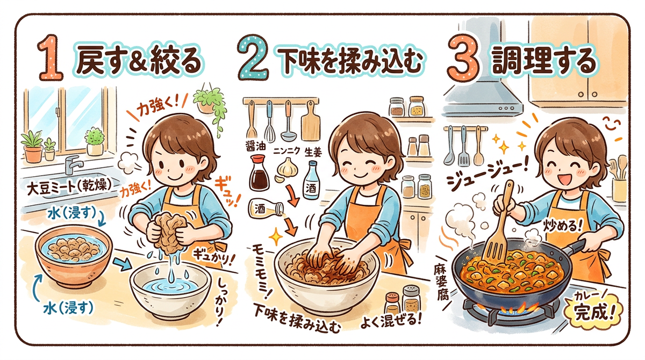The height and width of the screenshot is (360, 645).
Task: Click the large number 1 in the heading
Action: click(x=51, y=57)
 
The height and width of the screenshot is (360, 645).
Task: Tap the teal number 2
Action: click(x=253, y=57)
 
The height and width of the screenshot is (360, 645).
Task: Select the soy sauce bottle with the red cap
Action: click(x=259, y=172)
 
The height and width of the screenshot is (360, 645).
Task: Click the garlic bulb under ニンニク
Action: click(x=286, y=168)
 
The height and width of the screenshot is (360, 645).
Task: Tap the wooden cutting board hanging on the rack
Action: click(x=311, y=121)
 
